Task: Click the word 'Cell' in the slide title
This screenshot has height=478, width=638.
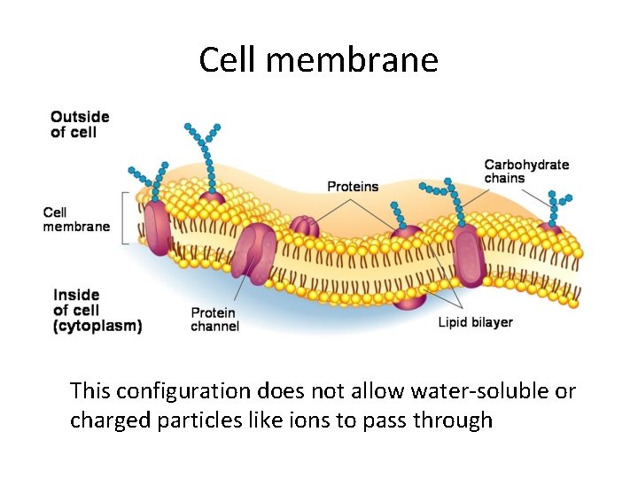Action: click(x=227, y=60)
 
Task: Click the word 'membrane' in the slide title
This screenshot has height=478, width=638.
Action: click(x=351, y=60)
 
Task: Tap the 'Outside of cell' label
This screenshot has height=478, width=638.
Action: click(x=80, y=124)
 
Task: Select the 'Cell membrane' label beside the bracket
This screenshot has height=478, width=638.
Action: click(x=76, y=220)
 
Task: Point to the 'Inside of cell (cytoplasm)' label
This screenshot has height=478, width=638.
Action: click(x=97, y=310)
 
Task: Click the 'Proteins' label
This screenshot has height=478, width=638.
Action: click(x=353, y=186)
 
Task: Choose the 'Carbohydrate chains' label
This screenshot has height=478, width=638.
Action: click(x=526, y=171)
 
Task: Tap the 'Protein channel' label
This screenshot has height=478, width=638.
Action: click(x=214, y=319)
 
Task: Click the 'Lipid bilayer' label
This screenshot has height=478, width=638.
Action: click(x=475, y=322)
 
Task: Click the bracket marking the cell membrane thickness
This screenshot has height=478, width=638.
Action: click(x=126, y=218)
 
